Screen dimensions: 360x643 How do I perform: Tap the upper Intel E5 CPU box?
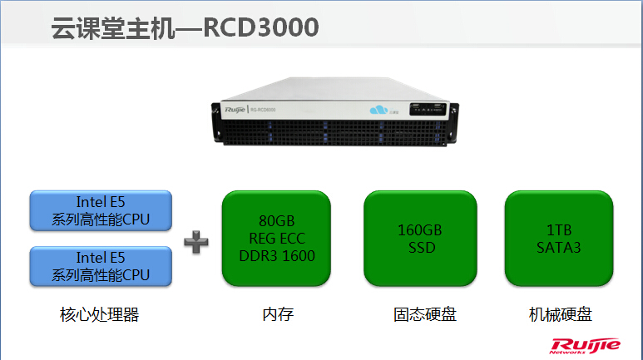point(101,211)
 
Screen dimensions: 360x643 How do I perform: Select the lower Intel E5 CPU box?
point(101,266)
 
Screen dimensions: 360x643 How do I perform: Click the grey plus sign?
point(195,241)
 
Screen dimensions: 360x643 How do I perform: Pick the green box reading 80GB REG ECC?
point(276,238)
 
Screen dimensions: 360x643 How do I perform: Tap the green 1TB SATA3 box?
point(559,238)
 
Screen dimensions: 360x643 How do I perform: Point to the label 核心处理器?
point(100,315)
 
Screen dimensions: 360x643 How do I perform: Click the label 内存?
point(277,315)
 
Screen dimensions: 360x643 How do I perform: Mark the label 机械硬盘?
point(560,315)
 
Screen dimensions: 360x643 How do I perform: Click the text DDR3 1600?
point(276,255)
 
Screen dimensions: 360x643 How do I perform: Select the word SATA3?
point(559,246)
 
